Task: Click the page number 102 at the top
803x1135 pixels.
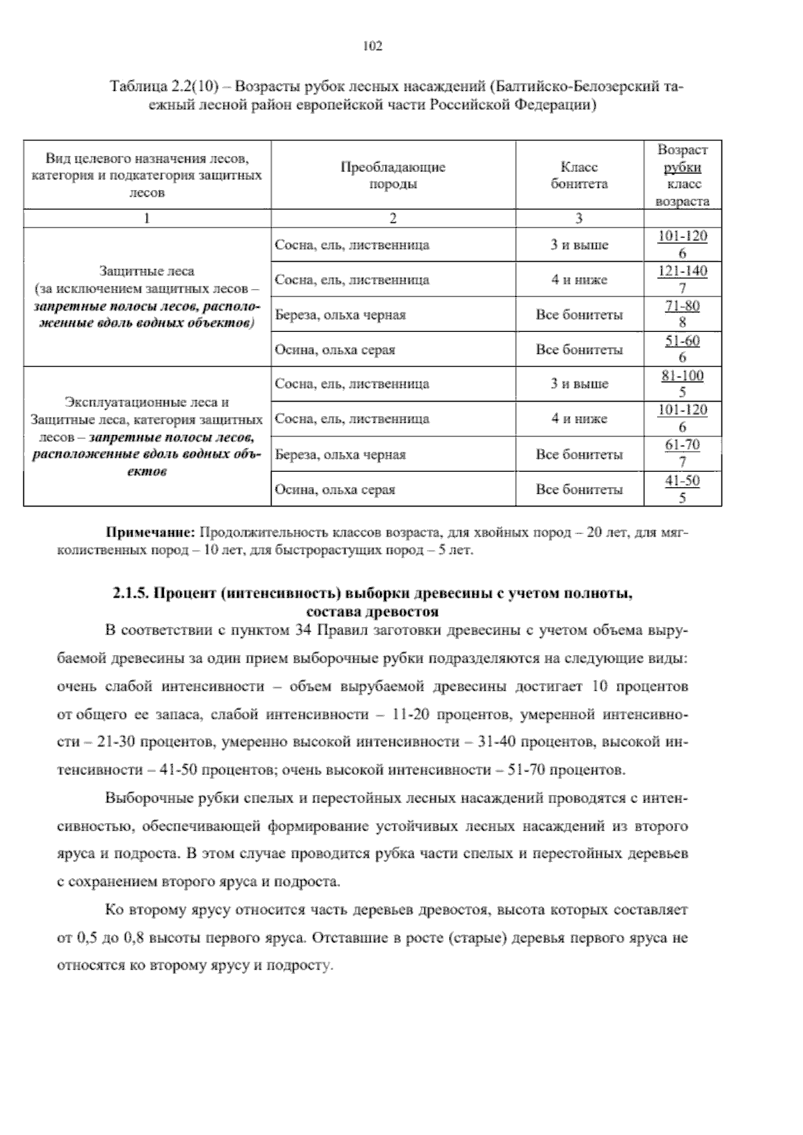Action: pos(372,46)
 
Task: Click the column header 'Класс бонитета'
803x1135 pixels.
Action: pos(579,175)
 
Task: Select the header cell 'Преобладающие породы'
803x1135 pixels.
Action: pos(393,175)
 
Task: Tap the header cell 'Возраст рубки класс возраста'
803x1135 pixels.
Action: pos(682,175)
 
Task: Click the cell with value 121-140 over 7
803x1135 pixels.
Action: pos(682,280)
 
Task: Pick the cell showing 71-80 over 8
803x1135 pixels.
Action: pos(682,315)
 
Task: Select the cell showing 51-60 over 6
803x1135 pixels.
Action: pos(682,349)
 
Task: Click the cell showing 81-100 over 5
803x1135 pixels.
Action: pos(682,384)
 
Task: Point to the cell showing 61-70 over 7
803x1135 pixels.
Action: pos(682,454)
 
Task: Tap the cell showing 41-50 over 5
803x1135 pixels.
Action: pos(682,489)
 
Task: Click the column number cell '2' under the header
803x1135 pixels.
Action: pos(393,218)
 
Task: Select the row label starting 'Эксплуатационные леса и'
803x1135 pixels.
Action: pos(147,403)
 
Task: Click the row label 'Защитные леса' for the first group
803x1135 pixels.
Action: pos(147,272)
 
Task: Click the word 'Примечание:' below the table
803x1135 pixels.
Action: pos(151,533)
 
